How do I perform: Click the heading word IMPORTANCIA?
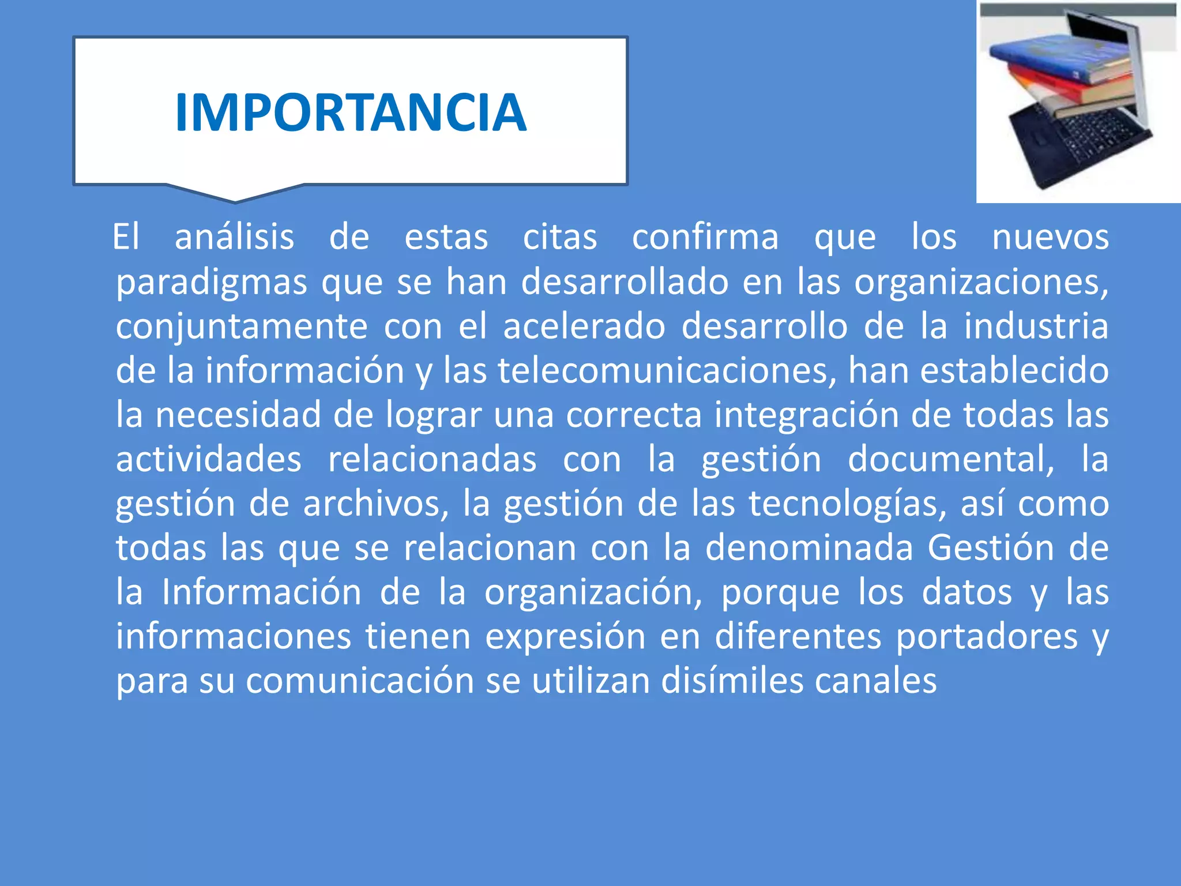(351, 112)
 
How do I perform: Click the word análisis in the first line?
(234, 237)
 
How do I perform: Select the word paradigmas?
(211, 283)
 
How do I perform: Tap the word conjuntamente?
(241, 326)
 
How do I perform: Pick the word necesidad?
(238, 415)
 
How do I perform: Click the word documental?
(950, 459)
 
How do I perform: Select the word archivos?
(375, 504)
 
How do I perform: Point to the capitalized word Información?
(261, 592)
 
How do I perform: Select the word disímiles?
(732, 681)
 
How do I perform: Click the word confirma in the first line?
(705, 237)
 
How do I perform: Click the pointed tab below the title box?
(235, 194)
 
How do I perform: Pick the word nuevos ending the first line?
(1050, 237)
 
